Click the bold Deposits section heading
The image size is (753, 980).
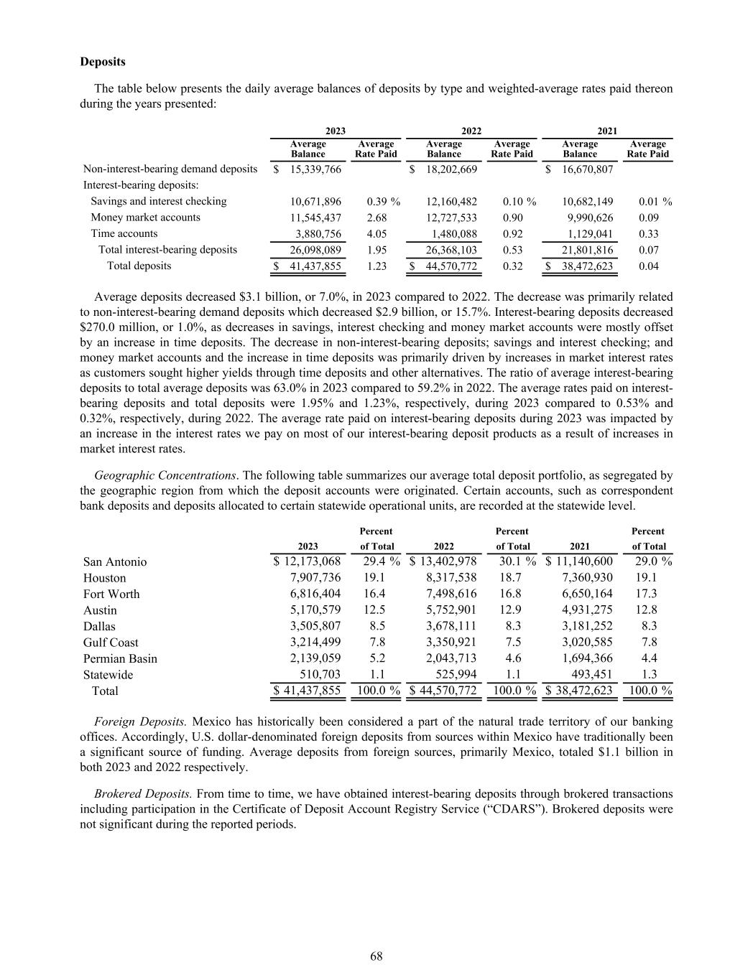point(102,62)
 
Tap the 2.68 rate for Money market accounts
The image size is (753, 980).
point(376,218)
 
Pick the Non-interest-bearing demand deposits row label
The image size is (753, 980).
point(170,169)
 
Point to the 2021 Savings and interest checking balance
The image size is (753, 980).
point(583,201)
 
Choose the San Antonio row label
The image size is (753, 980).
point(115,561)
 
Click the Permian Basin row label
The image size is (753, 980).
point(120,658)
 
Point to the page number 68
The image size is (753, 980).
point(376,956)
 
